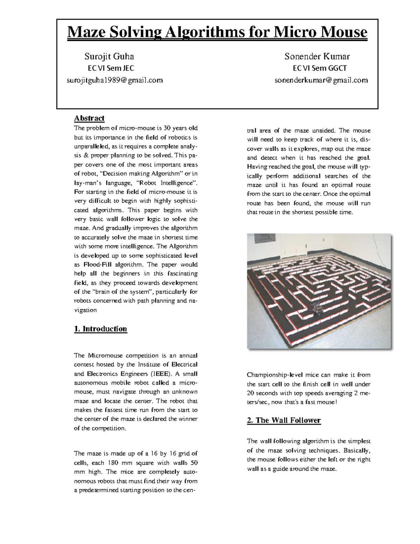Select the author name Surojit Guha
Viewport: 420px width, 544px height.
(109, 56)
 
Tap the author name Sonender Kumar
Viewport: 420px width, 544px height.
(317, 56)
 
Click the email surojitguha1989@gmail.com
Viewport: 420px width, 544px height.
(115, 80)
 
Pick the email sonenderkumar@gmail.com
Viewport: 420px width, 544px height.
(321, 80)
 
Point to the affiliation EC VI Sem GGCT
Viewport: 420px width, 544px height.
(320, 68)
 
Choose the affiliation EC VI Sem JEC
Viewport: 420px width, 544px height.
(111, 68)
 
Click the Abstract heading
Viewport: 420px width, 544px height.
(89, 118)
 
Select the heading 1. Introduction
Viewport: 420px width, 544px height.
(100, 329)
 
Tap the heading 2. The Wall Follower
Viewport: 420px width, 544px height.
(283, 420)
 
